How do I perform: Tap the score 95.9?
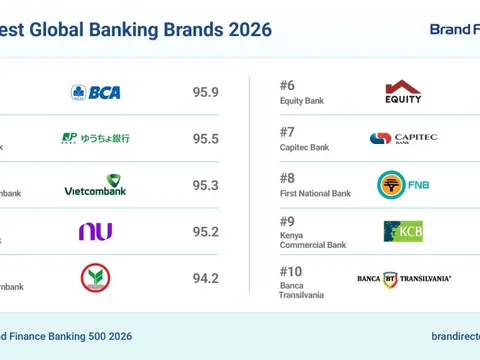206,93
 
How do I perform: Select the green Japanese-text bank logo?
96,138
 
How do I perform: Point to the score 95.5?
206,139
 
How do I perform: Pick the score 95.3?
206,185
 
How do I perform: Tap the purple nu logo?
95,231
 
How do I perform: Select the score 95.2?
206,232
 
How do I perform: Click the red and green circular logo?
95,277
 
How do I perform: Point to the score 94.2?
206,278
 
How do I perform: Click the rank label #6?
288,86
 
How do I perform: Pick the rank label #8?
288,178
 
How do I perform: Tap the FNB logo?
403,185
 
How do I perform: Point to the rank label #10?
291,270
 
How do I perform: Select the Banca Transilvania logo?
404,278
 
